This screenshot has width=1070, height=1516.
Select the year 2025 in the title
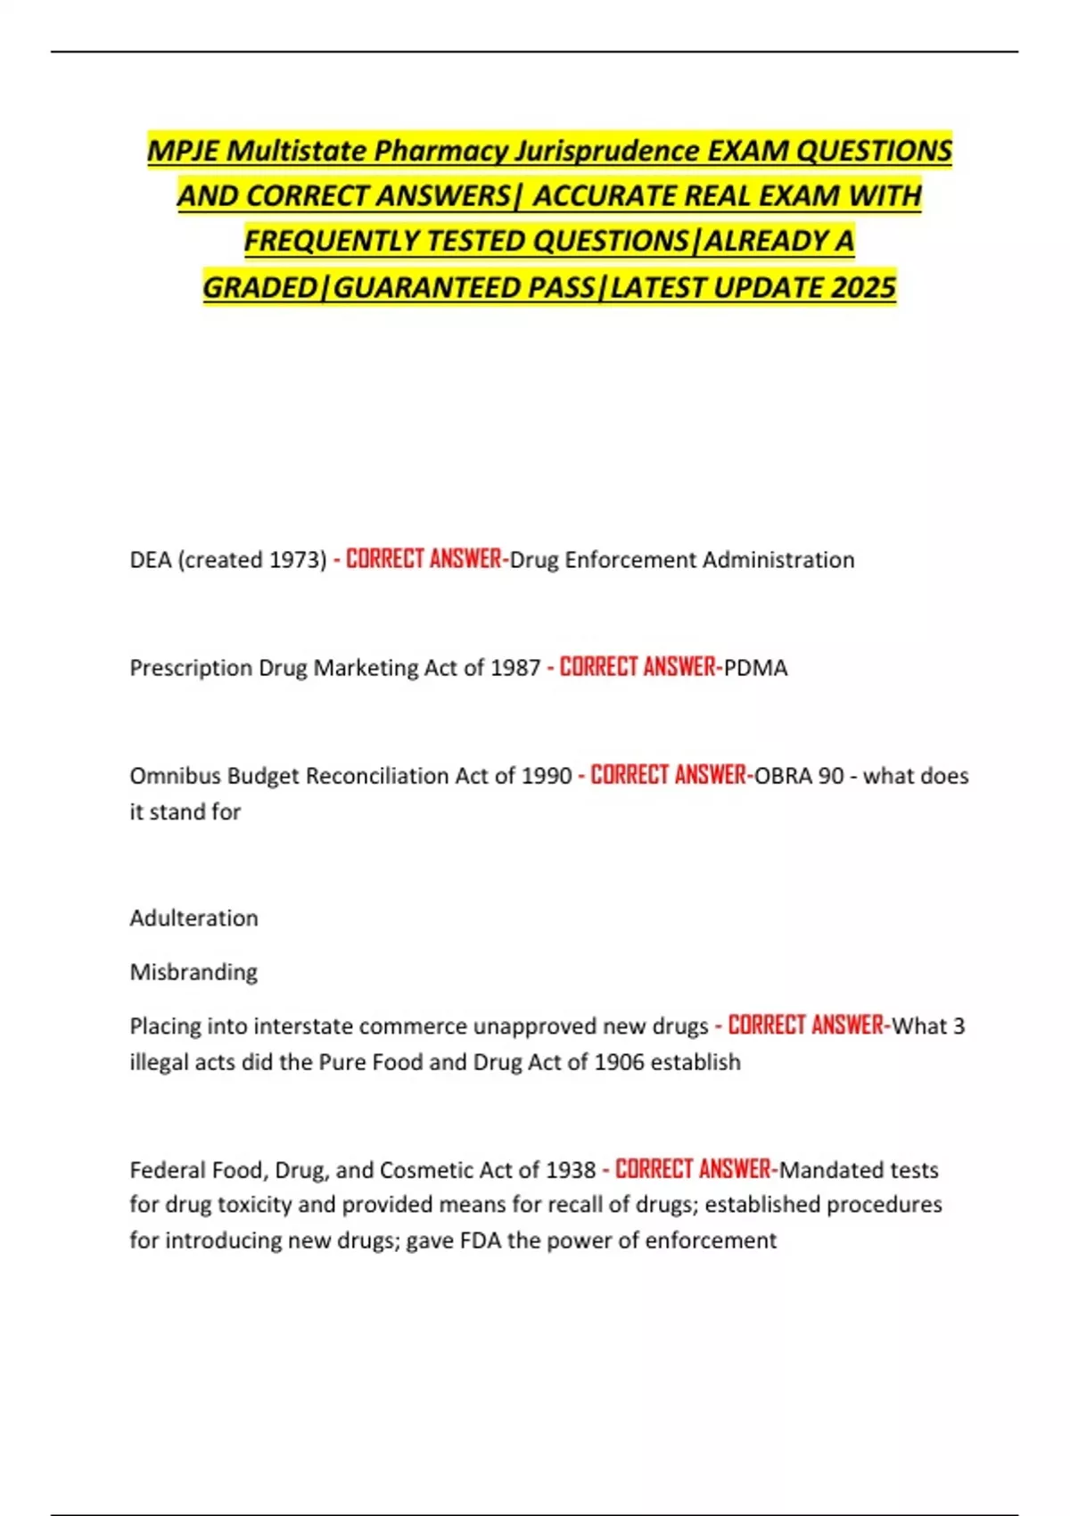tap(863, 288)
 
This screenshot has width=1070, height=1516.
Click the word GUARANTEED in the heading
tap(426, 288)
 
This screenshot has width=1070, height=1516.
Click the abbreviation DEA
tap(151, 560)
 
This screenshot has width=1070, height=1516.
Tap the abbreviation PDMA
tap(755, 668)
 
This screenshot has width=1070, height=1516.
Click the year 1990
tap(546, 776)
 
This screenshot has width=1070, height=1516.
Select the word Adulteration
tap(193, 919)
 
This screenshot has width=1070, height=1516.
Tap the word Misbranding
tap(193, 972)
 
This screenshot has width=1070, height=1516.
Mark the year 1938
tap(570, 1170)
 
